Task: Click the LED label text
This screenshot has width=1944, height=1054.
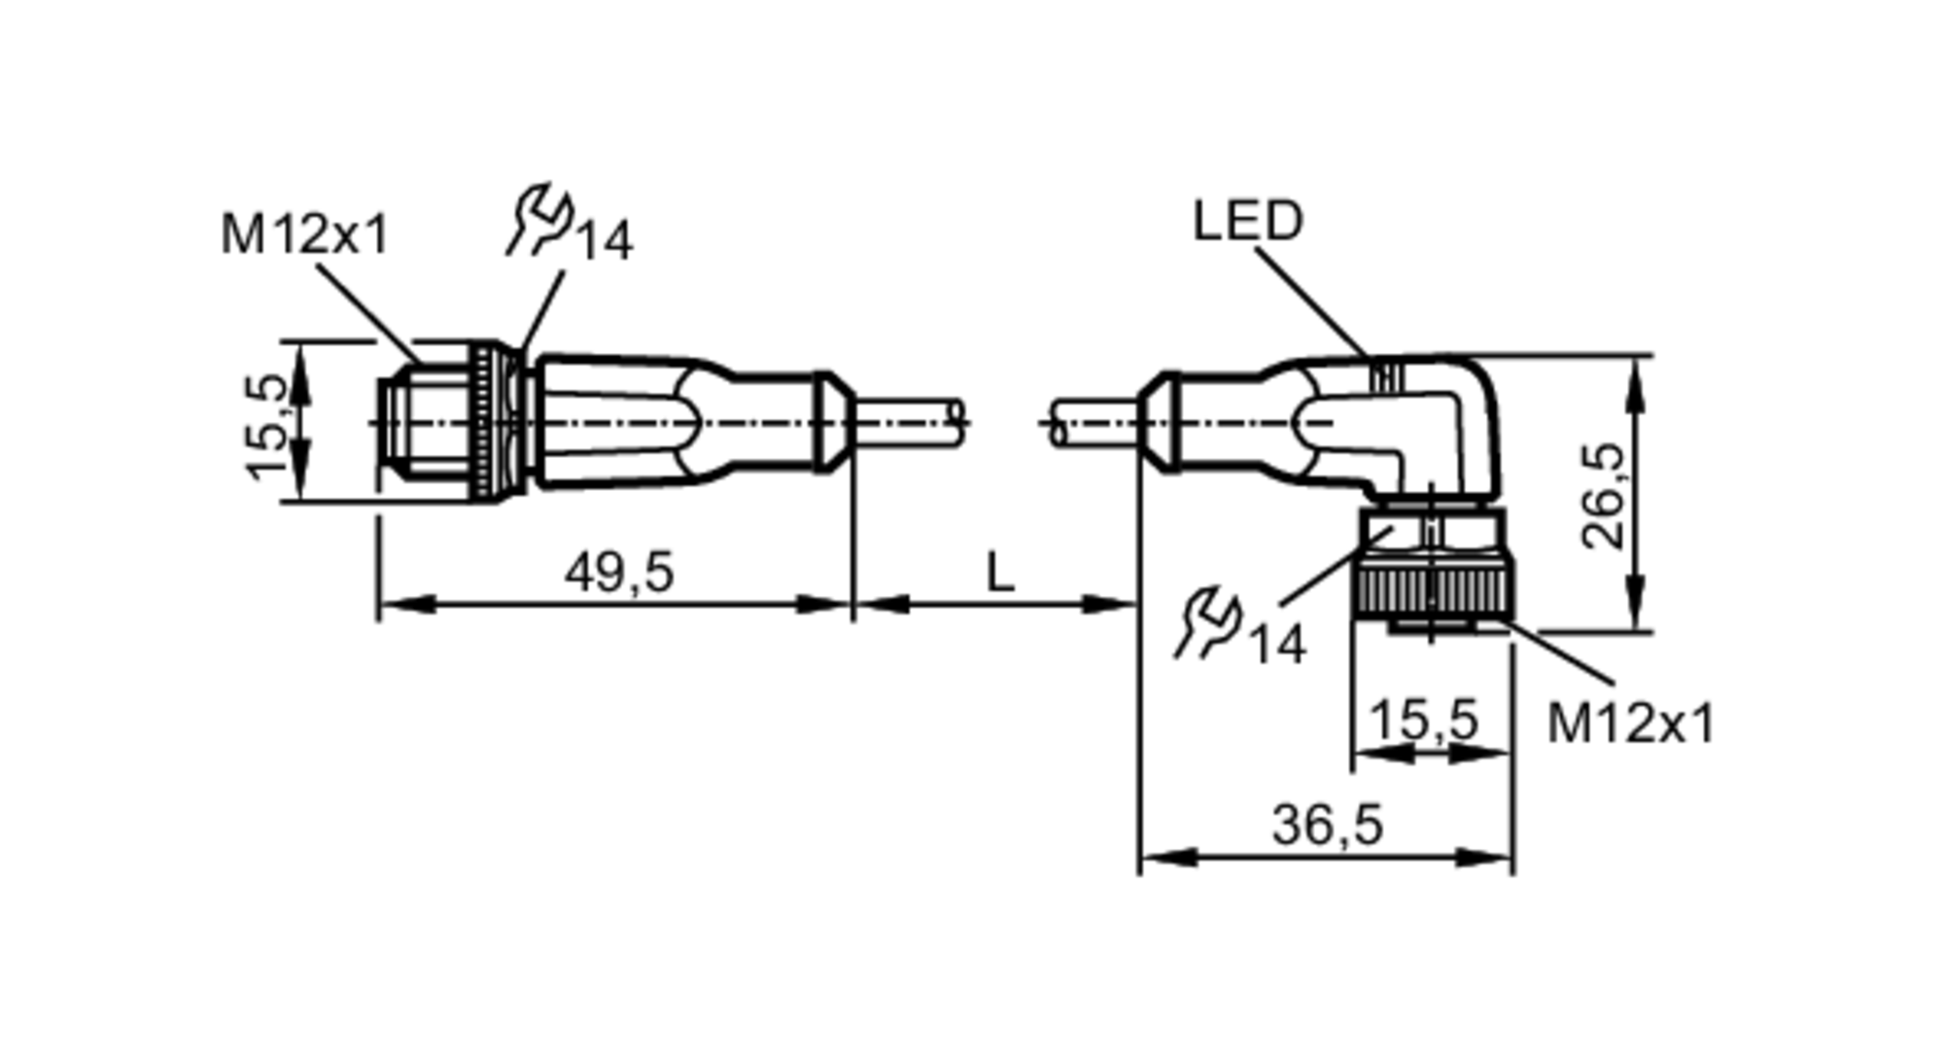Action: click(1247, 222)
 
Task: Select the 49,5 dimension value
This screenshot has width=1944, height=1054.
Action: click(619, 572)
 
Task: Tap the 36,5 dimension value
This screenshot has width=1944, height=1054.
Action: click(1327, 826)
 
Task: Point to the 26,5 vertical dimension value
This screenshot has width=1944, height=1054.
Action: click(1603, 495)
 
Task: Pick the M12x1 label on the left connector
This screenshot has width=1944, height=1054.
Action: click(304, 235)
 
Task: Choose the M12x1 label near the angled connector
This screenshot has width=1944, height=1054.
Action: click(1630, 723)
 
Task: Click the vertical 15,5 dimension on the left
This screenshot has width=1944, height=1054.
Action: click(267, 426)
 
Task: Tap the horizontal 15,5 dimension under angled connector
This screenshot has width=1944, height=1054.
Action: click(1423, 720)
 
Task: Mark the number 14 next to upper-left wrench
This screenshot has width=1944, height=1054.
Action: click(606, 241)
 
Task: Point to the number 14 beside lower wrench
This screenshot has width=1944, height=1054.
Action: click(1277, 645)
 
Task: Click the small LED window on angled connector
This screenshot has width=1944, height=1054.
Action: click(1389, 376)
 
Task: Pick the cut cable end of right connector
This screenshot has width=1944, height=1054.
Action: click(1059, 423)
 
